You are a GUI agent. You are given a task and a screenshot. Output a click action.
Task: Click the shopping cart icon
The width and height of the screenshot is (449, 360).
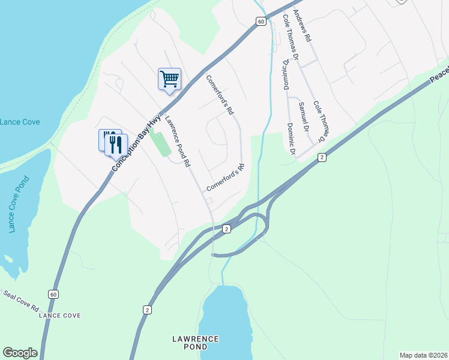coord(169,79)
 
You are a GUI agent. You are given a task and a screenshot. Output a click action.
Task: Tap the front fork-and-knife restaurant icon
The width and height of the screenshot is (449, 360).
coord(116,144)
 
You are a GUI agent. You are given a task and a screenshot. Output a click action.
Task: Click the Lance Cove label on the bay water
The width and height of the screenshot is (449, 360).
coord(20,122)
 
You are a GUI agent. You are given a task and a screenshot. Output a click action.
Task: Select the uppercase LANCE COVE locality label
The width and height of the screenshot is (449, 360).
coord(59,315)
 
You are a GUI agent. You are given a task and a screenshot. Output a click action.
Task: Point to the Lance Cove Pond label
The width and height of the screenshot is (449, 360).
coord(17,205)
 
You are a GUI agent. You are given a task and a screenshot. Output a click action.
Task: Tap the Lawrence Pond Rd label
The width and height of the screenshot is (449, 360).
coord(178,141)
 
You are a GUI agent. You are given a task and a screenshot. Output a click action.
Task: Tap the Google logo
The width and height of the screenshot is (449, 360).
coord(20,353)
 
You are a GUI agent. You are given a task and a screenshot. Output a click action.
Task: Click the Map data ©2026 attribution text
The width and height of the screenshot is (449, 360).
coord(423,355)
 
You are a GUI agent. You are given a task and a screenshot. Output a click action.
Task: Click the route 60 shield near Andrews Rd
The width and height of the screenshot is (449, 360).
coord(260,22)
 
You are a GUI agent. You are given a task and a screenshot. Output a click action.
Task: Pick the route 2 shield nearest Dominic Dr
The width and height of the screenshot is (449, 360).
coord(322,157)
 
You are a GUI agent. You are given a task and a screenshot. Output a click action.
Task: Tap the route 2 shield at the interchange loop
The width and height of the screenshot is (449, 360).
coord(226,229)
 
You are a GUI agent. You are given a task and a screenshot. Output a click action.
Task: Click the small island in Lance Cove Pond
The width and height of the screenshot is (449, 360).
coord(8,259)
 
